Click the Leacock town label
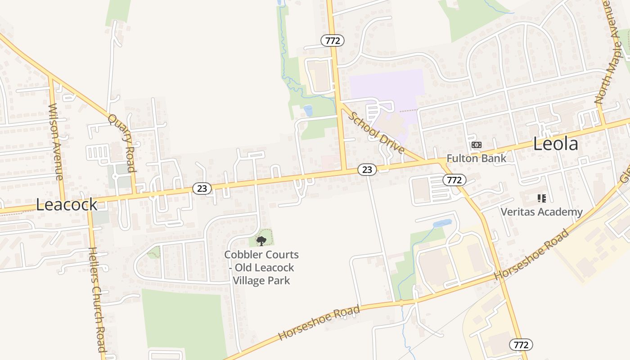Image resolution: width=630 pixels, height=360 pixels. [x=67, y=205]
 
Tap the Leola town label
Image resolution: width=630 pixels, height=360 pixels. [x=555, y=144]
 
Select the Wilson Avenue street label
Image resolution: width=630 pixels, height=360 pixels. [x=56, y=141]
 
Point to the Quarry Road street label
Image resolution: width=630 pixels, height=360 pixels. [x=122, y=143]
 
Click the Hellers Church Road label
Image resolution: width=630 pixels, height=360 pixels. [x=97, y=300]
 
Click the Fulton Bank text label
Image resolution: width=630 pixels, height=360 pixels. [x=476, y=158]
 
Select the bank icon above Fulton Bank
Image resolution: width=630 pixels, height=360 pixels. [x=476, y=145]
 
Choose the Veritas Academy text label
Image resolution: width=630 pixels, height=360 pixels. [x=541, y=211]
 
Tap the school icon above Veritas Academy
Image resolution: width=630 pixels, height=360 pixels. [x=541, y=198]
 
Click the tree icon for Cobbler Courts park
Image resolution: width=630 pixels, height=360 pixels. [x=261, y=241]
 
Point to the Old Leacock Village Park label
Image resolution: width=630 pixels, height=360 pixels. [x=261, y=268]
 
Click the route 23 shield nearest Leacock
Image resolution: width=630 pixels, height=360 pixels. [x=202, y=189]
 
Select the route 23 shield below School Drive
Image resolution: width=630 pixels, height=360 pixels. [x=367, y=169]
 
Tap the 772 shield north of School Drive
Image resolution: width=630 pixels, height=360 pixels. [x=333, y=40]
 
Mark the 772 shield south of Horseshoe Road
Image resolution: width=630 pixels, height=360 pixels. [x=521, y=345]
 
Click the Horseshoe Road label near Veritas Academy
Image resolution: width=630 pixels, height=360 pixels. [x=531, y=255]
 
